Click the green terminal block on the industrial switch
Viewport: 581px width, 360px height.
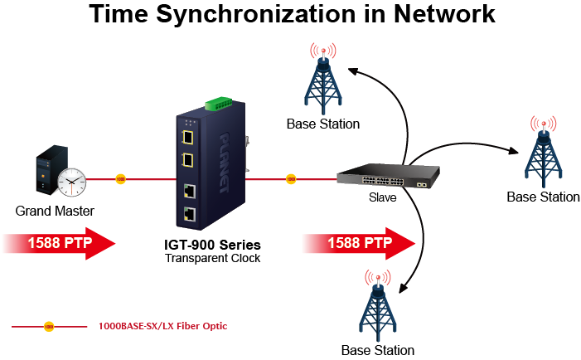click(219, 104)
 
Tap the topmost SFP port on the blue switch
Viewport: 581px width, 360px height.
click(188, 136)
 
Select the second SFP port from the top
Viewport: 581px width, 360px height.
click(188, 159)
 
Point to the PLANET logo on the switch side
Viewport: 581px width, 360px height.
click(225, 162)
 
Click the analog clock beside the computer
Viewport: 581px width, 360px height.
click(72, 181)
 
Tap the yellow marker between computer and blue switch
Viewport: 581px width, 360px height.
click(120, 179)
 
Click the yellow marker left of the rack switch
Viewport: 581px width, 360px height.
click(291, 179)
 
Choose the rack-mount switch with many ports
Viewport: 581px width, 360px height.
click(387, 176)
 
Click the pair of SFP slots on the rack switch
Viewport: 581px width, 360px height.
click(422, 182)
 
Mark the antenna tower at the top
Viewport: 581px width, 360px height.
click(323, 79)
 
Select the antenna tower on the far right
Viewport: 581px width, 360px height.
click(543, 151)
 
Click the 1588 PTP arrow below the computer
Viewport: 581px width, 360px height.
click(58, 243)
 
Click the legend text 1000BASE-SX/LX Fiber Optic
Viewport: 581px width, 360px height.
click(162, 327)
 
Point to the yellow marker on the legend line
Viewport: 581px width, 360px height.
click(49, 327)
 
